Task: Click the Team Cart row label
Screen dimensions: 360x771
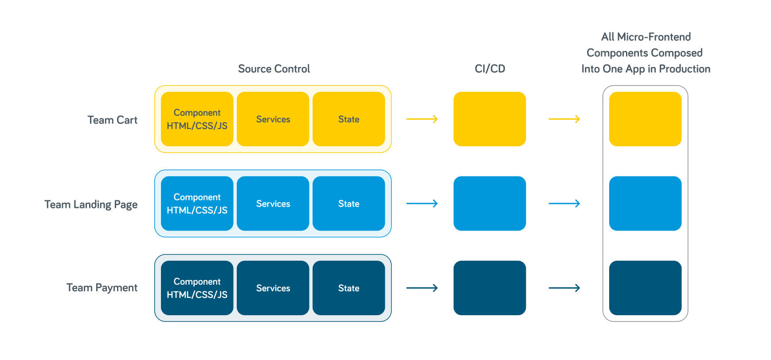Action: pos(112,120)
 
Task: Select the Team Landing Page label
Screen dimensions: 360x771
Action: pos(91,204)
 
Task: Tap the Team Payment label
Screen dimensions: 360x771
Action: pos(102,288)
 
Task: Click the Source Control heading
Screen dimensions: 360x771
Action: pos(274,69)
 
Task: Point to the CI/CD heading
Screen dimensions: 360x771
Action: pos(489,69)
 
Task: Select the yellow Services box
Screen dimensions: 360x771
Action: pos(273,119)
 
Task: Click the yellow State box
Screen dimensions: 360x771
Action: pos(348,119)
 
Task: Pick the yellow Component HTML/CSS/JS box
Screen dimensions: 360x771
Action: pos(197,119)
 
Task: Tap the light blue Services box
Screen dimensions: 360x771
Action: pos(273,203)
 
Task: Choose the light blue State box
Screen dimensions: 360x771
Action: pos(348,203)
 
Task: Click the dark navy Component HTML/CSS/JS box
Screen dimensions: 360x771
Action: pos(197,288)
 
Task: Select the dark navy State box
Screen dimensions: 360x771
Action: pos(348,288)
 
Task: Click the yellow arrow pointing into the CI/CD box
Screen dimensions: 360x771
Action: pos(422,119)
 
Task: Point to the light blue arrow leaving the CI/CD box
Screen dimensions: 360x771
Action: pos(564,203)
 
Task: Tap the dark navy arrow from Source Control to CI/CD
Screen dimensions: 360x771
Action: pos(422,288)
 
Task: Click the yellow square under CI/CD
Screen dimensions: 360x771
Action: pos(489,119)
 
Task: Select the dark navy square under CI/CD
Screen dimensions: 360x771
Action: pos(489,288)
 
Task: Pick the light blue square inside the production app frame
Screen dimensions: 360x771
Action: pos(645,203)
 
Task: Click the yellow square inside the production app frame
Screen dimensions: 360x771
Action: pos(645,119)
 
